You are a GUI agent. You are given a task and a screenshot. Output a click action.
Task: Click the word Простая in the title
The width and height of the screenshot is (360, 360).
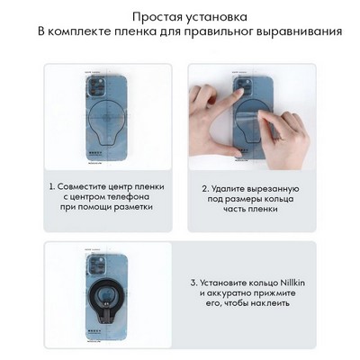(x=157, y=17)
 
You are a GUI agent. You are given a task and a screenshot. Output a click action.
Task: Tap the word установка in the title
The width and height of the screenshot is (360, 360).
(x=216, y=17)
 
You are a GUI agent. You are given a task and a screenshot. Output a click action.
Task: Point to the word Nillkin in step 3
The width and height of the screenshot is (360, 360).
(x=292, y=283)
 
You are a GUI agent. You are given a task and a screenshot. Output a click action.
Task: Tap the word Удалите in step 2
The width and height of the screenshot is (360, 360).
(x=227, y=189)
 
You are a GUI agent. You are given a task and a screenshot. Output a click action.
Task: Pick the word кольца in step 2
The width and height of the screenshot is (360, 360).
(x=280, y=200)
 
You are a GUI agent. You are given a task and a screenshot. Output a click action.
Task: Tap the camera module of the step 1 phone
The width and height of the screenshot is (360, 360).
(x=95, y=88)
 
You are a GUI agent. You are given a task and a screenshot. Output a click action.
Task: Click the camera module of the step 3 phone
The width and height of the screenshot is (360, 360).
(x=95, y=265)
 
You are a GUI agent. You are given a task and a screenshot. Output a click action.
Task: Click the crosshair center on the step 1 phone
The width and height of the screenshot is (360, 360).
(x=107, y=118)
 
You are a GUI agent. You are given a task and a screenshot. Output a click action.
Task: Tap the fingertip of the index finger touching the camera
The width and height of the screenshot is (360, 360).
(x=239, y=93)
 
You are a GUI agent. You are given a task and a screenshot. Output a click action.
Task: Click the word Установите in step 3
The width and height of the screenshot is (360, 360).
(x=223, y=283)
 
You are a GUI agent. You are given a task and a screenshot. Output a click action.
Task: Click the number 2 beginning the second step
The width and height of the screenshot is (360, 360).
(x=204, y=189)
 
